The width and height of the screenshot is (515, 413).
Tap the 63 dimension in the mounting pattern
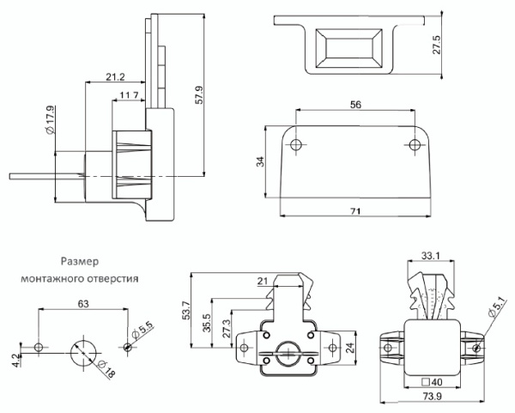coord(83,303)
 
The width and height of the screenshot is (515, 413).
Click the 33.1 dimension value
coord(431,254)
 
